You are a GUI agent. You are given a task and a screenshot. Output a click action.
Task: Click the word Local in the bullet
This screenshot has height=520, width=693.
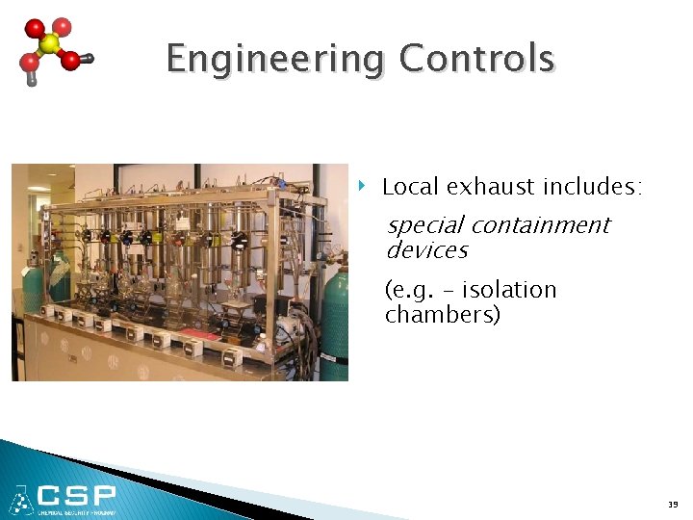[407, 186]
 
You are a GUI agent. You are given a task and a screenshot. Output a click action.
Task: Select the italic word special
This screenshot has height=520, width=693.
[424, 225]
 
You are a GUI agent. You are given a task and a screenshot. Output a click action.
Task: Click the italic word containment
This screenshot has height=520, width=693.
[540, 225]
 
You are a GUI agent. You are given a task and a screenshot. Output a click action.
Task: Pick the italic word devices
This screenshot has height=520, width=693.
[426, 250]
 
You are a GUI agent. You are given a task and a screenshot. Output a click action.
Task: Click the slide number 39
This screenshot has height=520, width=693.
[672, 504]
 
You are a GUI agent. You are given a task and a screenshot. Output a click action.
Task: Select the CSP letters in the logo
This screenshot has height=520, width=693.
[76, 496]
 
